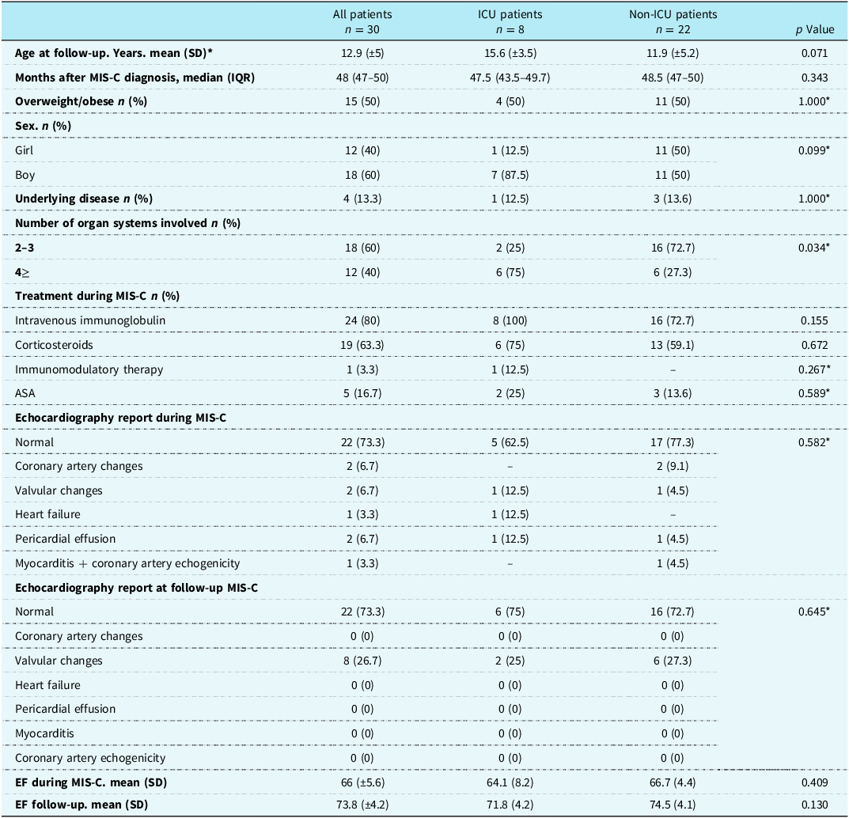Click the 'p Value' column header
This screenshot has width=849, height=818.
(814, 30)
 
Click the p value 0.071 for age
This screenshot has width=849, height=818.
(814, 53)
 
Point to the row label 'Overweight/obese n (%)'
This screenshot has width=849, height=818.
(81, 102)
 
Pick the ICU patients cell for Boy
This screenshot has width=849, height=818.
(510, 175)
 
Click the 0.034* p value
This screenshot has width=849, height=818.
(814, 248)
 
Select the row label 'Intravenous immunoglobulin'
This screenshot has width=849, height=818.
(90, 320)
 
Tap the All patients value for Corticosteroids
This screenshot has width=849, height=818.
(362, 345)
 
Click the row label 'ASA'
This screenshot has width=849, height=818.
(25, 393)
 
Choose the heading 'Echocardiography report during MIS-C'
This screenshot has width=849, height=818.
(121, 418)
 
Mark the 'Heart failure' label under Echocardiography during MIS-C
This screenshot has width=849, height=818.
(47, 514)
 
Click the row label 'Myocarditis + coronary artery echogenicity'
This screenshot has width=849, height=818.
(127, 563)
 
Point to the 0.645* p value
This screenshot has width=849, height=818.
(814, 612)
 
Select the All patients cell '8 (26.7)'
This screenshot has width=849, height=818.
(362, 661)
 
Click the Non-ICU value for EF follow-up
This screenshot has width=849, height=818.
(673, 805)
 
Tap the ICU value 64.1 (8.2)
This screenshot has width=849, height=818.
(510, 782)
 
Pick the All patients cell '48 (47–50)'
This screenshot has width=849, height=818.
(362, 78)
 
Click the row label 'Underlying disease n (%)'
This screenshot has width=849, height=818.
(84, 199)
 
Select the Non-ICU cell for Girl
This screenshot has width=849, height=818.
(673, 150)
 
